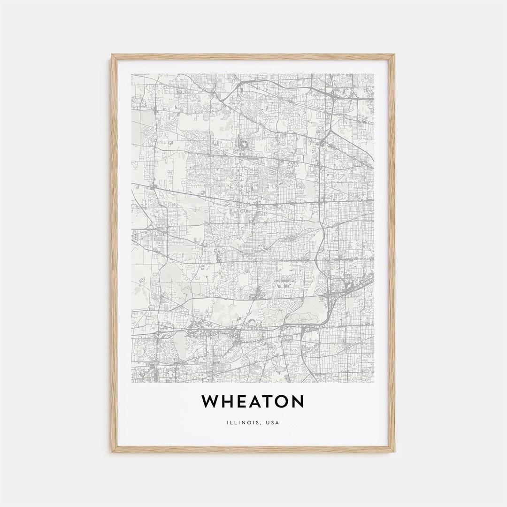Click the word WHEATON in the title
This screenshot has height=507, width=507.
pyautogui.click(x=253, y=401)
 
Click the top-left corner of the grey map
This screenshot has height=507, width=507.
pyautogui.click(x=132, y=74)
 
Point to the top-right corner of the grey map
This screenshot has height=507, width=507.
pyautogui.click(x=374, y=74)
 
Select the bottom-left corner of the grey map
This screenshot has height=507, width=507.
pyautogui.click(x=132, y=383)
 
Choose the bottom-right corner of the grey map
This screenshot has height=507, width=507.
pyautogui.click(x=374, y=383)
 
